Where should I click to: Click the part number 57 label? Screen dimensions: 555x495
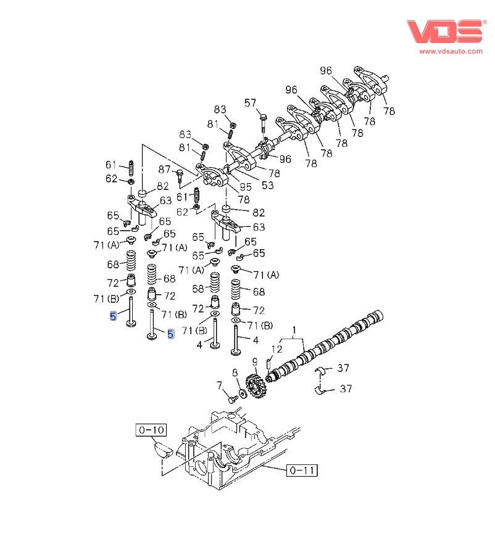250,102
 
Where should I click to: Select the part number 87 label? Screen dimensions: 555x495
165,170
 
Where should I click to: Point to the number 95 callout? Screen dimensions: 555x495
245,187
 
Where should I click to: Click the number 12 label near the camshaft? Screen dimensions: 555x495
277,350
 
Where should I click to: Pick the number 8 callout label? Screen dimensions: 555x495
235,372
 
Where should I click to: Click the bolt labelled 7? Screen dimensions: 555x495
233,400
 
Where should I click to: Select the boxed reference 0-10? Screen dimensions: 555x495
151,429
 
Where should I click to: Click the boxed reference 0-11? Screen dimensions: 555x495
302,471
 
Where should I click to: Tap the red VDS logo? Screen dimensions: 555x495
444,31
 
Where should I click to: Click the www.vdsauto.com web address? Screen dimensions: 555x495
451,51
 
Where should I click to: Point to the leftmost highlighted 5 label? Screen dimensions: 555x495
113,317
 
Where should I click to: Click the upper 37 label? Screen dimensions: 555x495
343,368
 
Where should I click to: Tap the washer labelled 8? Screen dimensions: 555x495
242,392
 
